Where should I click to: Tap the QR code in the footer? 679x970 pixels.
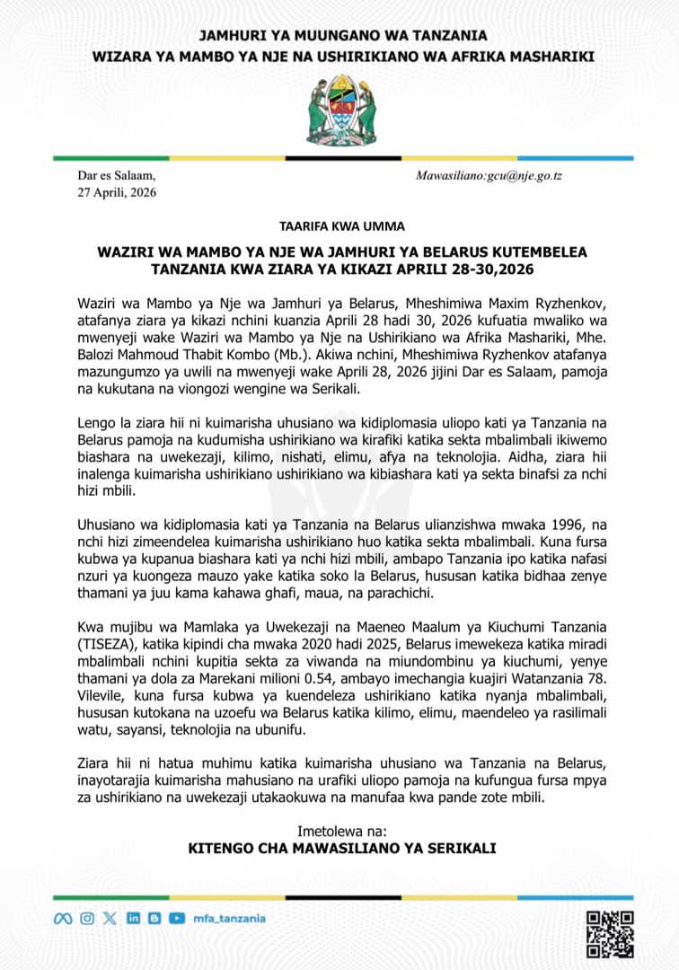coord(610,934)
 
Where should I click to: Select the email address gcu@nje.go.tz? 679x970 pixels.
coord(530,176)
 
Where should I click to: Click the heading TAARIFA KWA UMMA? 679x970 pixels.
coord(339,225)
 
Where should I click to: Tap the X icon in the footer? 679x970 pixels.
coord(110,918)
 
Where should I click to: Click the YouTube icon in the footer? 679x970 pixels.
coord(177,918)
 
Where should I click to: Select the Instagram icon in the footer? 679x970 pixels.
coord(87,918)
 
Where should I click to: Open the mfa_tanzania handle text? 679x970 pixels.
coord(229,918)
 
